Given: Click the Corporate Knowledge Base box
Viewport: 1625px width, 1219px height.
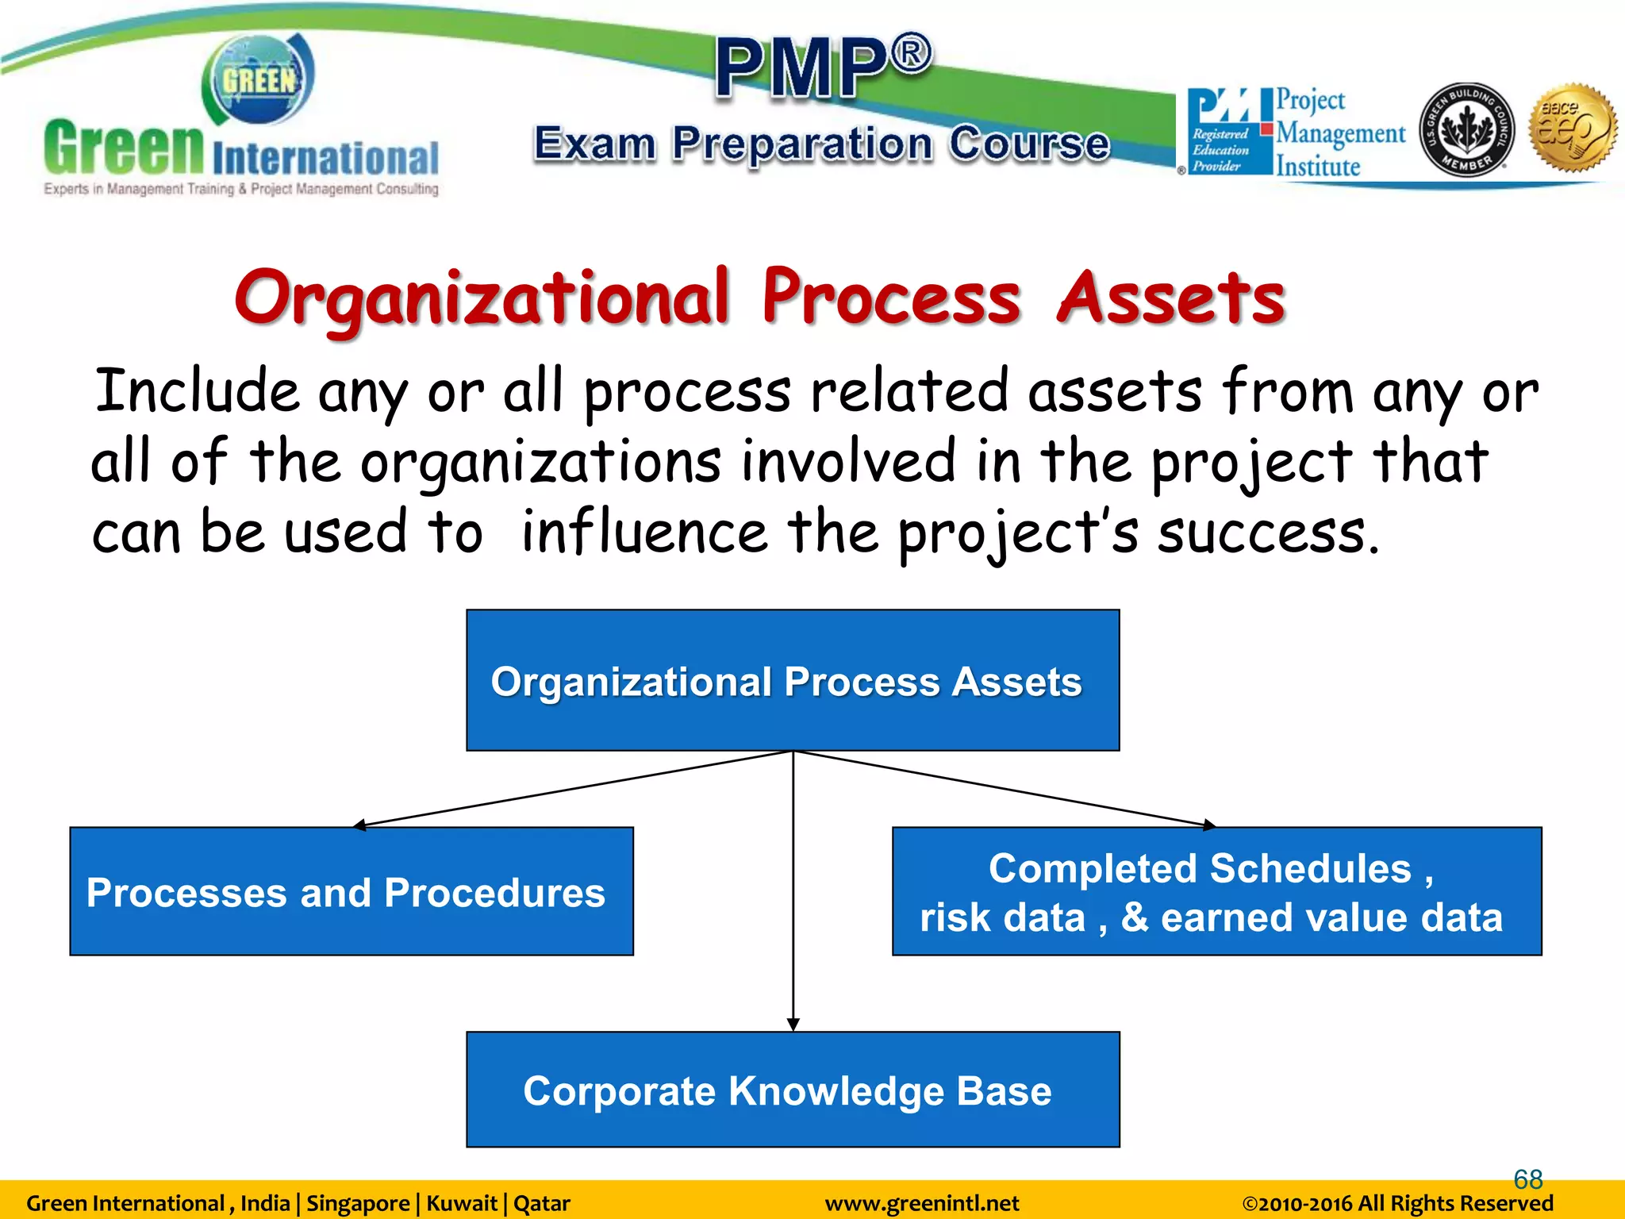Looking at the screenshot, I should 792,1090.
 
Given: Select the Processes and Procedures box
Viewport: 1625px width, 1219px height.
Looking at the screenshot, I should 351,891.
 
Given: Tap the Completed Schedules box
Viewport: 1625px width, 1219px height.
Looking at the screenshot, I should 1216,891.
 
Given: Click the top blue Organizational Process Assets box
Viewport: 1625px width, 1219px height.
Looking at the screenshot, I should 792,680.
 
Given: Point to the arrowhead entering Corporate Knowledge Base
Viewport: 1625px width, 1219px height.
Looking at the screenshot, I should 793,1025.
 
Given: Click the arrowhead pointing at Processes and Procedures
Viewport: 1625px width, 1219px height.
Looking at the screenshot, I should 359,825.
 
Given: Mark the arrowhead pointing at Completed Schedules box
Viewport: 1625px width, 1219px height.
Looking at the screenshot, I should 1208,825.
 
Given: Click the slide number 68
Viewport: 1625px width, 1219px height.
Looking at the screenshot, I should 1527,1179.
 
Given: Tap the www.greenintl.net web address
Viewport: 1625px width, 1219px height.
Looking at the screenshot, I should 921,1204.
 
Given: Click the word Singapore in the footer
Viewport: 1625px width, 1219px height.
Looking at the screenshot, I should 358,1204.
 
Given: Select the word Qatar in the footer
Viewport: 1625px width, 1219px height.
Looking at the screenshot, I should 542,1204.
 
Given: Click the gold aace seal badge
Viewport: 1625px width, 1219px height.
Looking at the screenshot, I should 1573,128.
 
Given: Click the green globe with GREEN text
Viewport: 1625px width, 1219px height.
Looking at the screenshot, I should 259,79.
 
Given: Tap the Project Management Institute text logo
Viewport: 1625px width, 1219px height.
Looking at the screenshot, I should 1339,133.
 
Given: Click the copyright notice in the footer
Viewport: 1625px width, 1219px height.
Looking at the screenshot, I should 1396,1204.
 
